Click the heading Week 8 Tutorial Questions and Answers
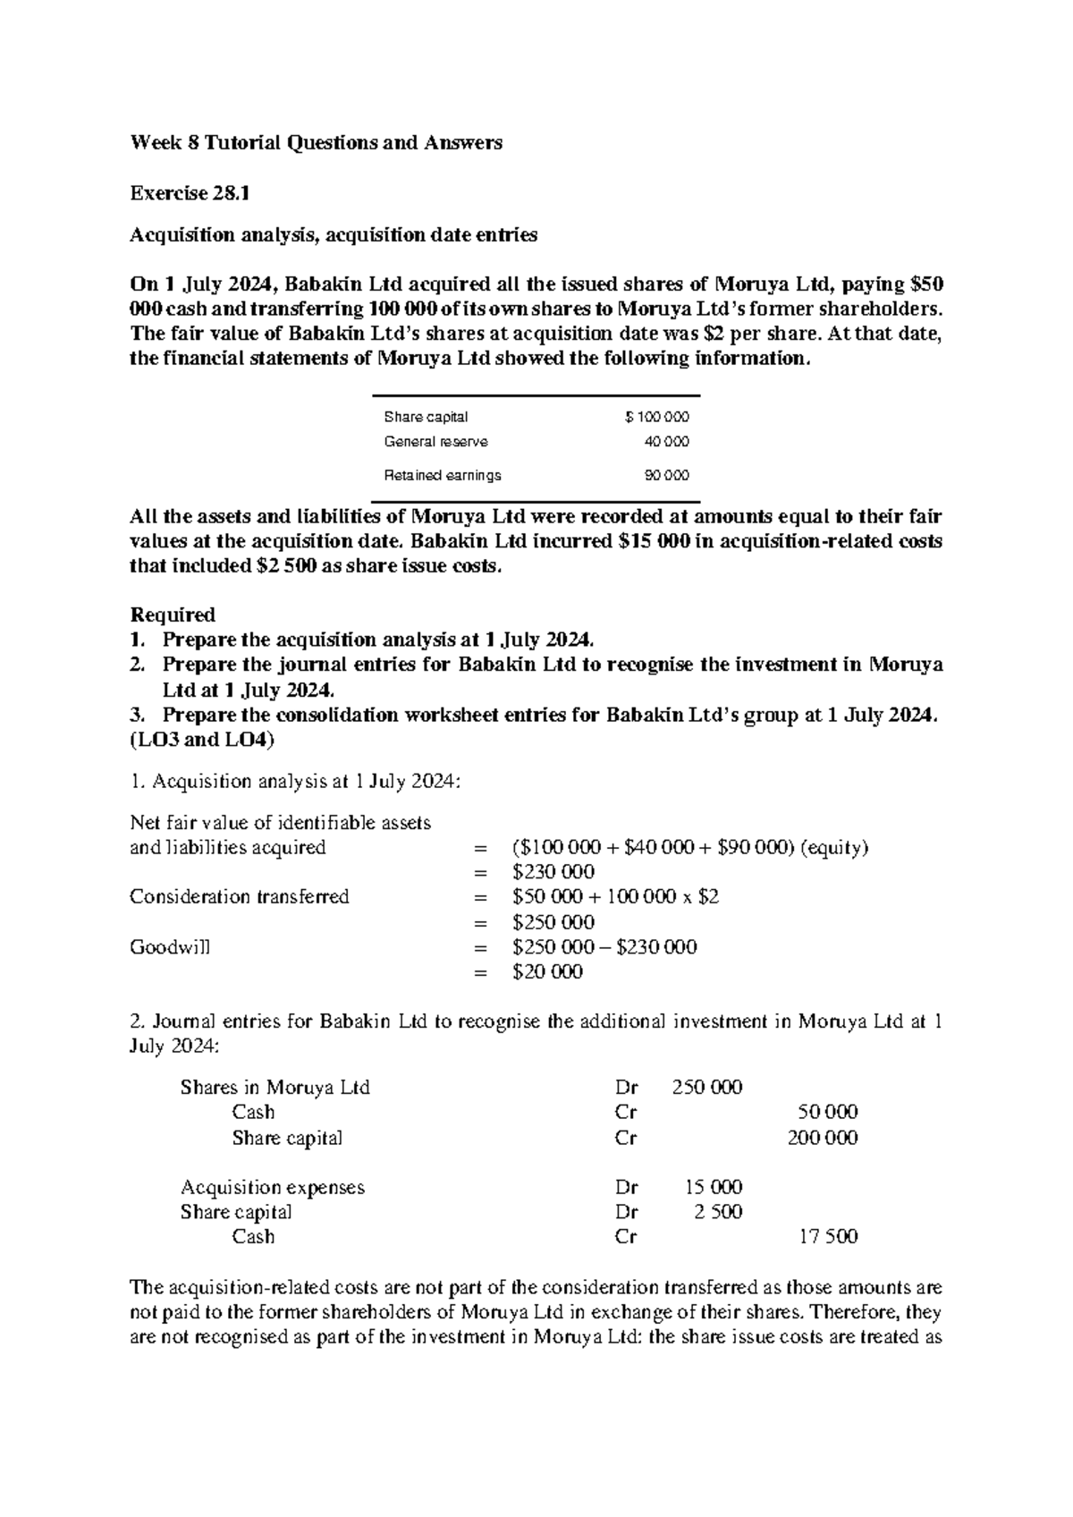click(316, 142)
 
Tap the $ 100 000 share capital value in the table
click(657, 417)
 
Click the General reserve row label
click(435, 442)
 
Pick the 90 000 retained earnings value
click(667, 476)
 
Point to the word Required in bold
click(173, 614)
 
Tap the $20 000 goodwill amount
click(547, 972)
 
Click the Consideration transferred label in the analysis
click(239, 897)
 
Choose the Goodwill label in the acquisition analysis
click(170, 947)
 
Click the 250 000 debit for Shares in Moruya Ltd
click(706, 1088)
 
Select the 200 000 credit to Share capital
click(822, 1138)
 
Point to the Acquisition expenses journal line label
click(272, 1188)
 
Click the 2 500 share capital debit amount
click(718, 1212)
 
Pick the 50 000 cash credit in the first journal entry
click(827, 1113)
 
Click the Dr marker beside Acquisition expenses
click(626, 1188)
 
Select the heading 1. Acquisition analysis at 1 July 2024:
click(296, 782)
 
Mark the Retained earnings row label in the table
click(442, 476)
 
